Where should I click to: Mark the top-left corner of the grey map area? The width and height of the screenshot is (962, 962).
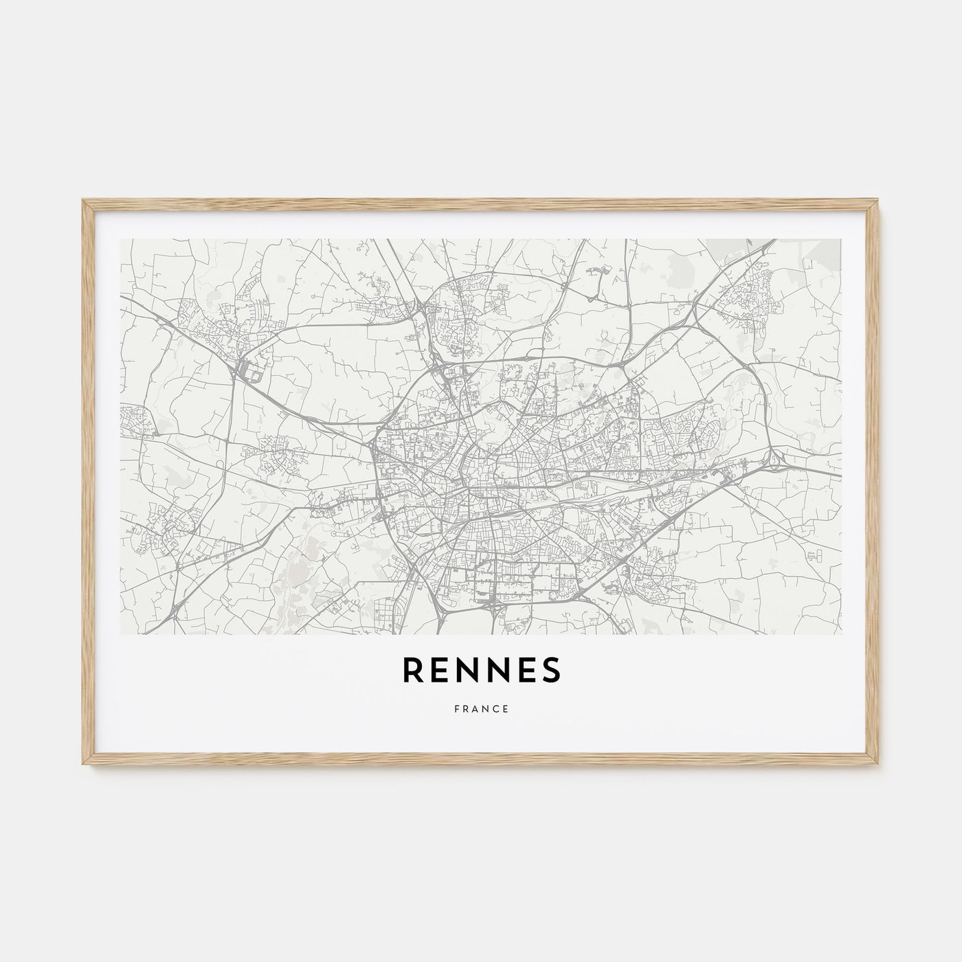click(x=121, y=240)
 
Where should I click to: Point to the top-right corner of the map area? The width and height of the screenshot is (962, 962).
click(x=841, y=240)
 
